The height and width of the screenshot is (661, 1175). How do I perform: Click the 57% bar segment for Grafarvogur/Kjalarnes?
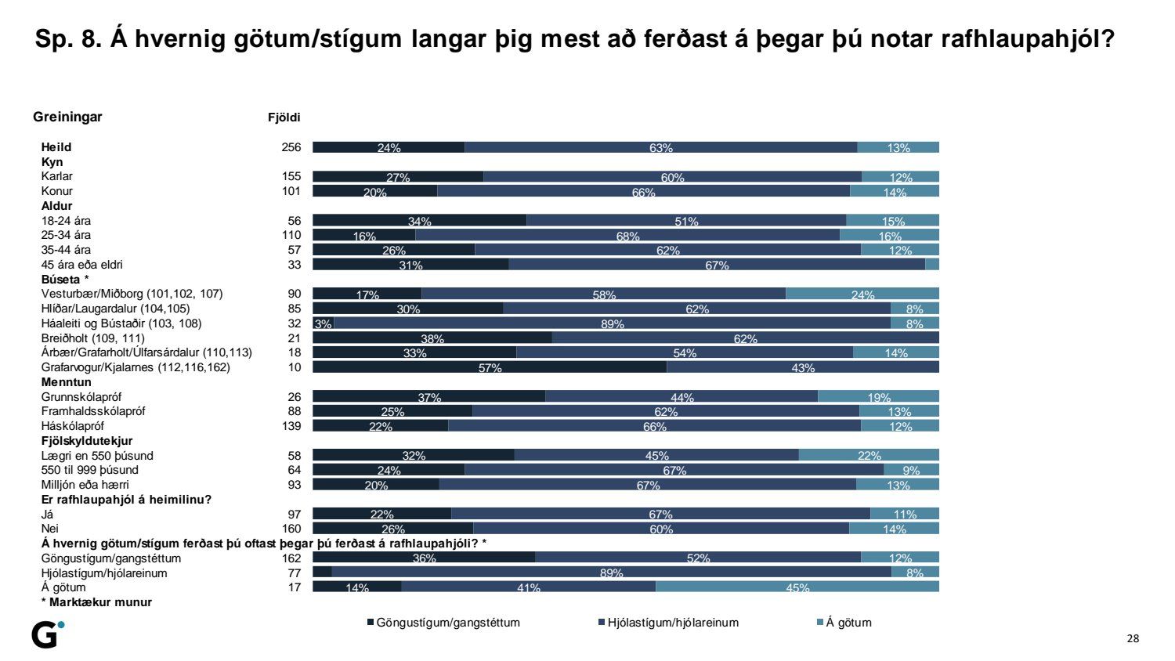click(x=490, y=367)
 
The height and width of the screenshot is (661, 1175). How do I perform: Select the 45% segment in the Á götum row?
click(x=797, y=587)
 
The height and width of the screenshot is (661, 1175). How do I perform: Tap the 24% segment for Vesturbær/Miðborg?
click(x=862, y=294)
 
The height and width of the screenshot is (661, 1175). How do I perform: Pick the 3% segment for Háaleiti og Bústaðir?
click(x=323, y=323)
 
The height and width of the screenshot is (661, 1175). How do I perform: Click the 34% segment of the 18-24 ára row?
click(x=419, y=220)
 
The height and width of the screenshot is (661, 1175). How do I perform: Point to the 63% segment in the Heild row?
click(x=660, y=147)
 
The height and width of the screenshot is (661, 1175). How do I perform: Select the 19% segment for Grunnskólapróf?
click(x=878, y=396)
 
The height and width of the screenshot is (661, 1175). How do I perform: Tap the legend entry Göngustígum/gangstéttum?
click(x=443, y=623)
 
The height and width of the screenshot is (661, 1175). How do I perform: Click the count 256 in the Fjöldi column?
click(x=291, y=147)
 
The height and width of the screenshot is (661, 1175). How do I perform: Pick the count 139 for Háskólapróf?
click(x=291, y=426)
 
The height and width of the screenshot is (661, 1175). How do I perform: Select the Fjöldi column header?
click(x=284, y=117)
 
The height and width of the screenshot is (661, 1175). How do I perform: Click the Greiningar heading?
click(x=67, y=117)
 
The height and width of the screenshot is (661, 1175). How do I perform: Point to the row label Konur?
click(x=57, y=191)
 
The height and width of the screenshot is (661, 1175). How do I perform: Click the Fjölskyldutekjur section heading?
click(x=87, y=441)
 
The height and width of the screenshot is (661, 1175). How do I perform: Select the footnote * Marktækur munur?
click(x=96, y=602)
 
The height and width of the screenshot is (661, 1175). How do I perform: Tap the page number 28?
click(x=1133, y=638)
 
